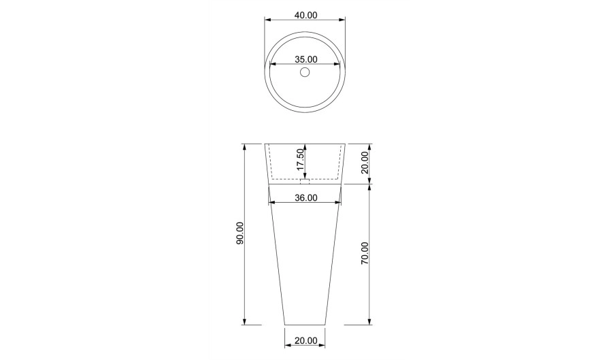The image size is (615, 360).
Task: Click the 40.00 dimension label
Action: pyautogui.click(x=305, y=15)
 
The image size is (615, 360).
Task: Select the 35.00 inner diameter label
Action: pyautogui.click(x=306, y=59)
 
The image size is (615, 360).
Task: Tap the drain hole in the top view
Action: pyautogui.click(x=305, y=72)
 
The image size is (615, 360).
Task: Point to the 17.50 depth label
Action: pyautogui.click(x=300, y=159)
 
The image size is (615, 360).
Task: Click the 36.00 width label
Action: pyautogui.click(x=306, y=197)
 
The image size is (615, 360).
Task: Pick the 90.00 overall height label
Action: pyautogui.click(x=239, y=233)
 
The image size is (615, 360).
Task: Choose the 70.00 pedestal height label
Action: pyautogui.click(x=365, y=253)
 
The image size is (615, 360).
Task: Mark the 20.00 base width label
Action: pyautogui.click(x=306, y=341)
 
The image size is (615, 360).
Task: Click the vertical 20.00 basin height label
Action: pyautogui.click(x=365, y=163)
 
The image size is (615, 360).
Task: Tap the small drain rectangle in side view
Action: pyautogui.click(x=305, y=181)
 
